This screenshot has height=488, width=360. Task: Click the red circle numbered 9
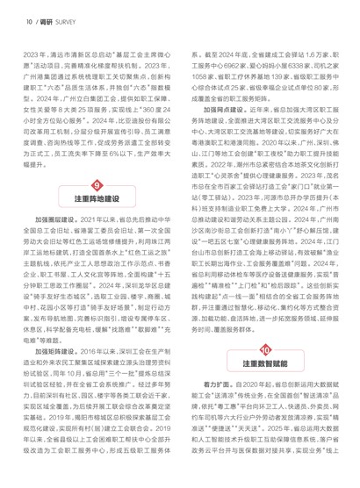(96, 208)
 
